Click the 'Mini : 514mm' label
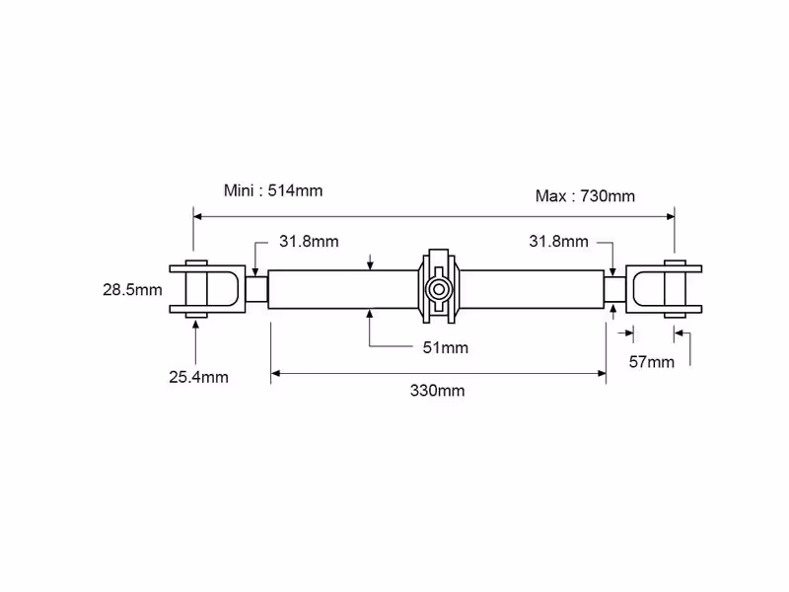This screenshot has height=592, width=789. pos(273,190)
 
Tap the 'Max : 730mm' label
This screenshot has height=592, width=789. pos(585,195)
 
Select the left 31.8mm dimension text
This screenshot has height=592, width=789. pos(309,241)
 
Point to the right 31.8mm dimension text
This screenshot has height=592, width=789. pos(558,241)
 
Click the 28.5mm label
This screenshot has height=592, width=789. pos(132,290)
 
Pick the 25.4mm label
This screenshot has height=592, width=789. pos(199,377)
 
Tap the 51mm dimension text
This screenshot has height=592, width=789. pos(446,347)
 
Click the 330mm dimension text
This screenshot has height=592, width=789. pos(437,391)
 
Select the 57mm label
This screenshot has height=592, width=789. pos(652,362)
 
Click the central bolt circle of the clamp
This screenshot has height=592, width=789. pos(438,289)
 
